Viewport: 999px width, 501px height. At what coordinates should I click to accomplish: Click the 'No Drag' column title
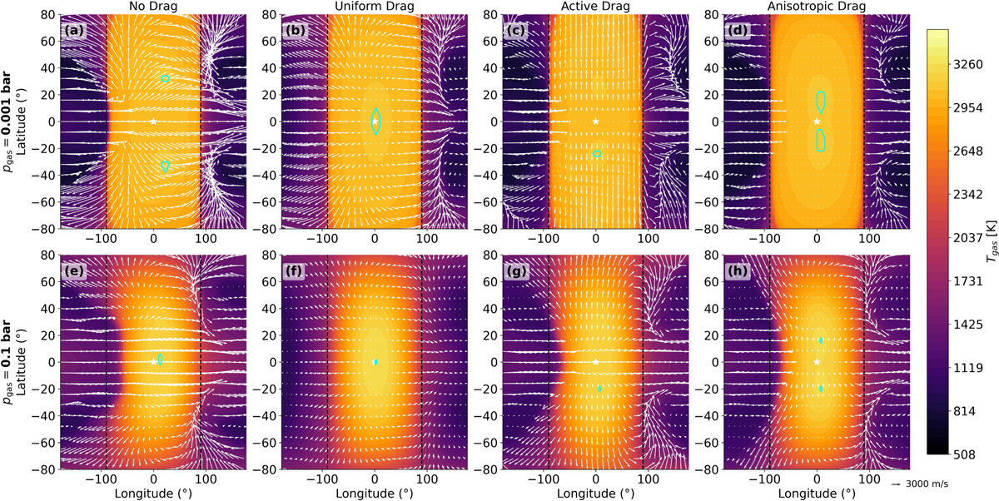(152, 7)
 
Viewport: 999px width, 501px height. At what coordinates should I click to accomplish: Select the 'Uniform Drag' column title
(375, 7)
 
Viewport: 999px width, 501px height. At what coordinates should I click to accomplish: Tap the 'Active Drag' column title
(595, 7)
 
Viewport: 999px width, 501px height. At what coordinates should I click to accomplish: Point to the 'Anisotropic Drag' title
(817, 7)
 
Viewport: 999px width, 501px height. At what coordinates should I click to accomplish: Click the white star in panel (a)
(153, 122)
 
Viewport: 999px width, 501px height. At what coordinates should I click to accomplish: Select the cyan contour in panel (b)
(375, 121)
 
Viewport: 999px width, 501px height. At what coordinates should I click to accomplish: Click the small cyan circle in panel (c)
(597, 154)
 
